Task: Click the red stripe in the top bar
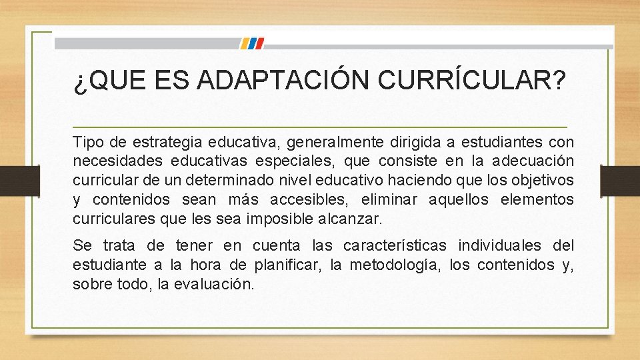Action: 259,43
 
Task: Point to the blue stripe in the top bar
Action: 245,43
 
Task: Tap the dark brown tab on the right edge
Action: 619,179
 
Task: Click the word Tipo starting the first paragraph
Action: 87,142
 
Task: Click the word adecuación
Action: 533,161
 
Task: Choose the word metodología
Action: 390,265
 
